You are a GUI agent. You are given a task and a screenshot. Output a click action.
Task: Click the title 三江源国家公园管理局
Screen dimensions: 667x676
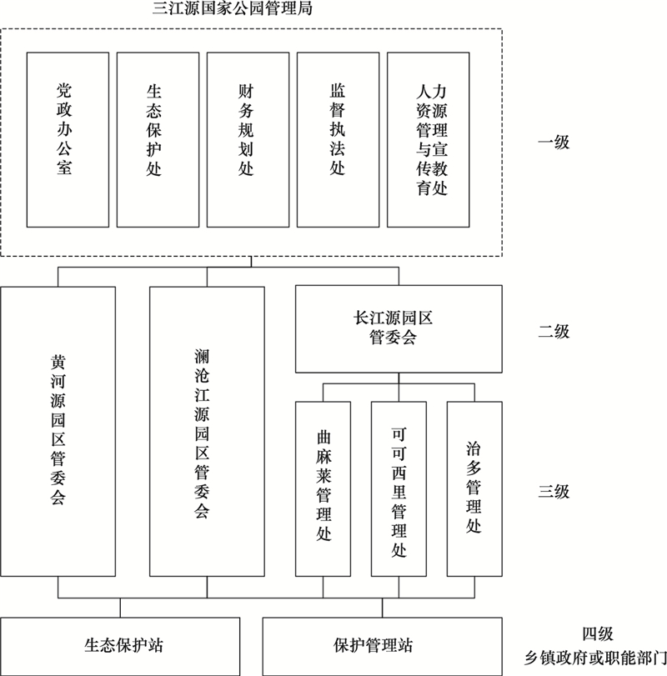tap(232, 8)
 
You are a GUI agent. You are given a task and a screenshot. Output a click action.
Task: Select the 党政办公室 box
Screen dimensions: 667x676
tap(68, 140)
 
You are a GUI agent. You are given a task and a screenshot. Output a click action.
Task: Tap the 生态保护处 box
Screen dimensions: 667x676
tap(158, 140)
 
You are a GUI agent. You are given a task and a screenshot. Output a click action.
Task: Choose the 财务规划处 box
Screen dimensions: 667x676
tap(248, 140)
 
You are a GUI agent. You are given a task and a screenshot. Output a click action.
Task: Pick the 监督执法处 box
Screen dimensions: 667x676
tap(338, 140)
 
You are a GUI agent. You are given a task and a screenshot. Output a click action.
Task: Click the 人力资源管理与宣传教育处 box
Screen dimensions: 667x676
tap(429, 140)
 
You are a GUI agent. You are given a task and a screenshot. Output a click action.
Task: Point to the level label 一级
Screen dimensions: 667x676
tap(554, 143)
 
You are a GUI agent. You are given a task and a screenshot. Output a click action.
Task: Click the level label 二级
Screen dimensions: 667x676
tap(554, 331)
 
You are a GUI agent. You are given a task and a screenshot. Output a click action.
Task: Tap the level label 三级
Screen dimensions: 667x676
tap(554, 491)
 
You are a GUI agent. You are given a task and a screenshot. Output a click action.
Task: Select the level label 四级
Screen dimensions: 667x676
tap(598, 633)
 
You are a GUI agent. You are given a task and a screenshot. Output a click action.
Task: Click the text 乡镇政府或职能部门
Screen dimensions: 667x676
tap(595, 658)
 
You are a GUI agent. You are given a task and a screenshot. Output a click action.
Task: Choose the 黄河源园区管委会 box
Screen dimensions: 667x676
tap(58, 432)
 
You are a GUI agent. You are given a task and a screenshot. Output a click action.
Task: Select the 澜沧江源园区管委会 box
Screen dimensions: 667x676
tap(207, 432)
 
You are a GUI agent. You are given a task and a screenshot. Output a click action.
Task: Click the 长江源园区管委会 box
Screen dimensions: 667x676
tap(399, 329)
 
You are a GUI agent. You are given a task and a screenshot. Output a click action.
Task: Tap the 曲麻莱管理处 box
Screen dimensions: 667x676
tap(323, 489)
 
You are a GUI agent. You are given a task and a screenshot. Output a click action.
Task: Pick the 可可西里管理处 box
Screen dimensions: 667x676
tap(399, 489)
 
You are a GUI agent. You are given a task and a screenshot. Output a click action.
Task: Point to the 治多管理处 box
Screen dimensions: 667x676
tap(474, 489)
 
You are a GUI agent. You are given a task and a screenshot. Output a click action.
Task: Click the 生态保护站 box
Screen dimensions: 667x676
tap(120, 646)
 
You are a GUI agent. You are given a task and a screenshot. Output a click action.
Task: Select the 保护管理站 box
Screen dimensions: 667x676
tap(383, 646)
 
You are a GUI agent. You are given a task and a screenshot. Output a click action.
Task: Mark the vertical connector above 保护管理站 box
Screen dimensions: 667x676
tap(383, 608)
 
